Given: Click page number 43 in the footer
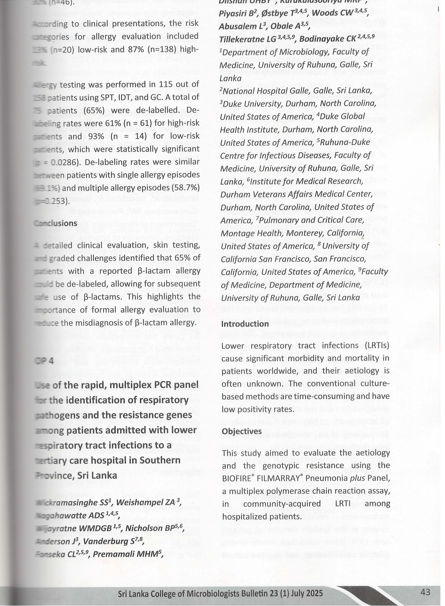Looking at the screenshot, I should pos(425,584).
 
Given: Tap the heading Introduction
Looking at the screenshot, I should pos(245,324).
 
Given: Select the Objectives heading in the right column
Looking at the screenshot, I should pos(242,431).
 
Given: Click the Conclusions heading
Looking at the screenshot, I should pos(55,223).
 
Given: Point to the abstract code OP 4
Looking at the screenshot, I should pos(44,360).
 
